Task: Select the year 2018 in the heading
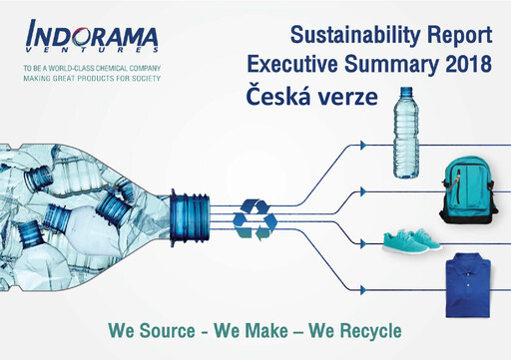point(462,65)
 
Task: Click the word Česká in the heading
point(277,95)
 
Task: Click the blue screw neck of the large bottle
point(190,215)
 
